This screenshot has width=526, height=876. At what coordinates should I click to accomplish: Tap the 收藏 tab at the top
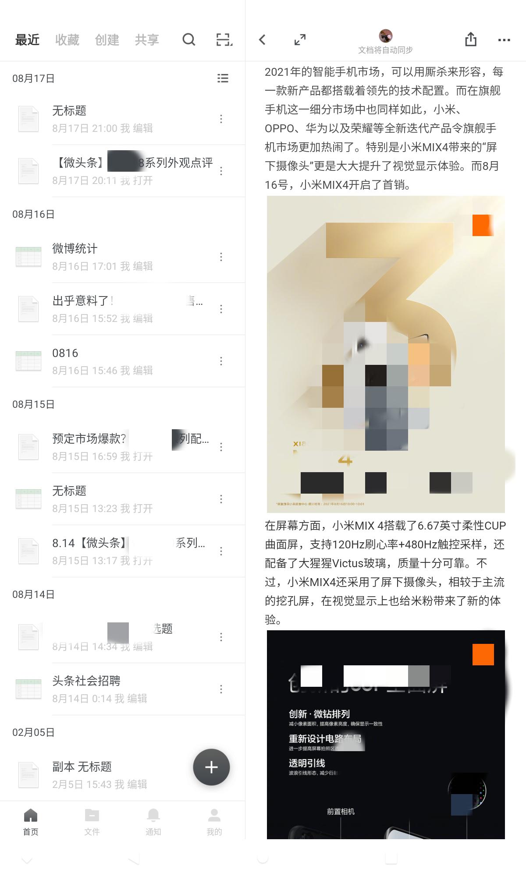click(x=67, y=40)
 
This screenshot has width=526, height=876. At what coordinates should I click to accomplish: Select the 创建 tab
click(x=107, y=40)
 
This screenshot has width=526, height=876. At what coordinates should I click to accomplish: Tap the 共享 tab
click(x=147, y=40)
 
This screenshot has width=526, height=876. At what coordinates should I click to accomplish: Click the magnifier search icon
click(x=188, y=40)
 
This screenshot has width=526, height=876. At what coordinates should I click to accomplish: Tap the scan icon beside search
click(x=224, y=40)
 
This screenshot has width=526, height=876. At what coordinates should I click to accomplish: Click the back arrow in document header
click(x=262, y=40)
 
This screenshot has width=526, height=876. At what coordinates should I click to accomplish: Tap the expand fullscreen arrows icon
click(x=300, y=40)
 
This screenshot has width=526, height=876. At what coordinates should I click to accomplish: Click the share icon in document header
click(x=471, y=39)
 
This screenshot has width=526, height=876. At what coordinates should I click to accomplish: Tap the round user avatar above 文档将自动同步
click(x=385, y=35)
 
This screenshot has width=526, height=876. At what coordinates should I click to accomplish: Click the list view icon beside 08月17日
click(x=223, y=78)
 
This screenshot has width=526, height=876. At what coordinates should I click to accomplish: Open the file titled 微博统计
click(x=75, y=248)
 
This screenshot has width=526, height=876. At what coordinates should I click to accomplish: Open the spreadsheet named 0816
click(x=65, y=353)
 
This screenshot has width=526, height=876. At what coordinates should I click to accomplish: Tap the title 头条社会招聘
click(x=86, y=681)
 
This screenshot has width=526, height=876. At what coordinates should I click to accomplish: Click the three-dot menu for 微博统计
click(x=221, y=257)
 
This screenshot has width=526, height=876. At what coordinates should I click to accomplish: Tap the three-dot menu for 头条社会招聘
click(x=221, y=689)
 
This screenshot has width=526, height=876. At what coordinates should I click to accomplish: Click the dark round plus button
click(x=211, y=767)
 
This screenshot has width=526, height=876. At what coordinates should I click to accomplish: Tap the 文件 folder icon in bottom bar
click(x=92, y=816)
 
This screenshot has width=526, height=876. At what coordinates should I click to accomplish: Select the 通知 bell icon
click(x=153, y=816)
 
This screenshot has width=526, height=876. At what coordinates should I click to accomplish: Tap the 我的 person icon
click(x=214, y=816)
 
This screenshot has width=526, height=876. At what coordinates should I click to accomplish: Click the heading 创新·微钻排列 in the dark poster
click(x=319, y=714)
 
